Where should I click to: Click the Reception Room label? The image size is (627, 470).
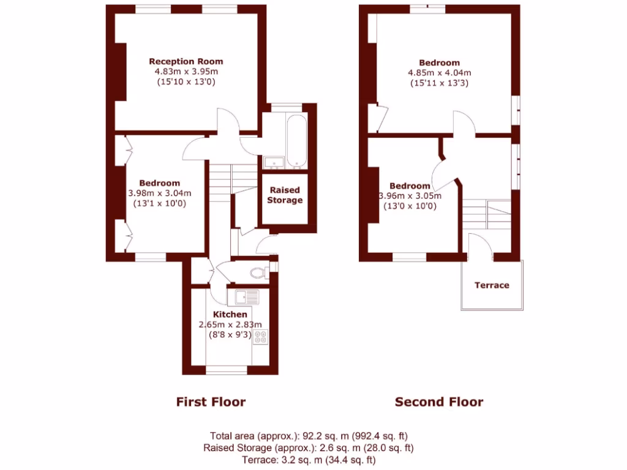[186, 61]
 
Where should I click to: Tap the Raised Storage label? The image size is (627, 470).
[285, 195]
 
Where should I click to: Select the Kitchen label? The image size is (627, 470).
[230, 315]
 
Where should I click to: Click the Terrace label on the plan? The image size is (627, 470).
[492, 285]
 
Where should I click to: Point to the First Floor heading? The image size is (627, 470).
[211, 402]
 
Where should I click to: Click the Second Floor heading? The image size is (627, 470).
[439, 402]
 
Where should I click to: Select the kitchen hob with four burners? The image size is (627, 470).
[261, 337]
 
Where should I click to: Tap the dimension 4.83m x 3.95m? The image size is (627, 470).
[186, 72]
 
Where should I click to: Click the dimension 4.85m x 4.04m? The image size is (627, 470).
[439, 73]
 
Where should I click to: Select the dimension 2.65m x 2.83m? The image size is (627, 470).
[230, 325]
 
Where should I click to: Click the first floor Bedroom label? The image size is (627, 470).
[159, 183]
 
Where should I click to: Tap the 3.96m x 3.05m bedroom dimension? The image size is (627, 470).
[410, 196]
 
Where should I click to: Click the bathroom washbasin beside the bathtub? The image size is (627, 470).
[273, 162]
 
